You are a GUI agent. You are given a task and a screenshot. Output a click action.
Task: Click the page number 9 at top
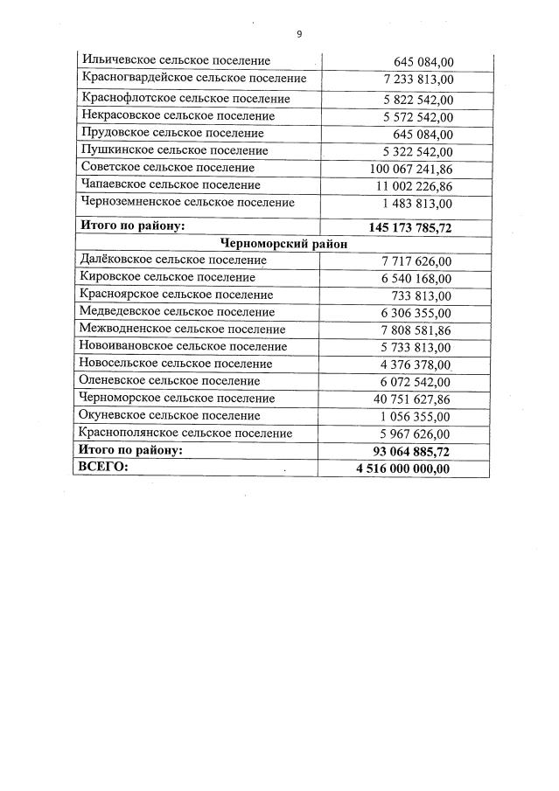coord(299,34)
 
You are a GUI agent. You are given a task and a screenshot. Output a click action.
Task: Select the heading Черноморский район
coord(283,245)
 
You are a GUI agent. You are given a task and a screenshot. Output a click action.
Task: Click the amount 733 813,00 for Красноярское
coord(423,295)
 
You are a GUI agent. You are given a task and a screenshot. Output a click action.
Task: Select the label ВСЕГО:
coord(103,468)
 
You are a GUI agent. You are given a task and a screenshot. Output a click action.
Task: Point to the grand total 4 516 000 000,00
coord(403,468)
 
